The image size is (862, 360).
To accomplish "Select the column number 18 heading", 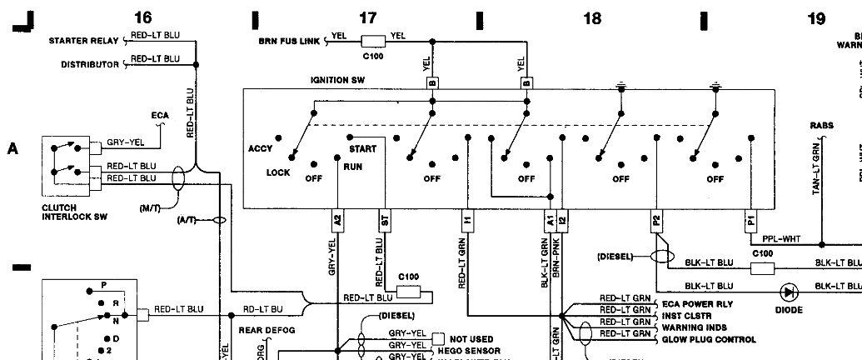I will point(591,17).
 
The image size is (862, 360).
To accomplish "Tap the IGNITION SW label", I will point(338,81).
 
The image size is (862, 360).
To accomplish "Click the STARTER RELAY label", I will point(86,40).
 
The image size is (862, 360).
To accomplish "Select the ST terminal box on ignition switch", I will point(384,220).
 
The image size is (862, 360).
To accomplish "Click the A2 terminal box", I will point(337,220).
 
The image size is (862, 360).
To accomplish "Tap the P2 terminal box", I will point(656,220).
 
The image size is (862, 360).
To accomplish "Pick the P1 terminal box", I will point(750,220).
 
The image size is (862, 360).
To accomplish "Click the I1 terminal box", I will point(467,220).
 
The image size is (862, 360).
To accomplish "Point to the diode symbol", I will point(789,292).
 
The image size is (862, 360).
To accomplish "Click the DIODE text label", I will point(789,310).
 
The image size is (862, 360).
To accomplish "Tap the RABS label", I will point(821,126).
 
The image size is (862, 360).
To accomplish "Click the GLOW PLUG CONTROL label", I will point(709,339).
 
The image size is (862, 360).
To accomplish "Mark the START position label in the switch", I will point(364,148).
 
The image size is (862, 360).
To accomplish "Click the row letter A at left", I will point(12,149).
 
